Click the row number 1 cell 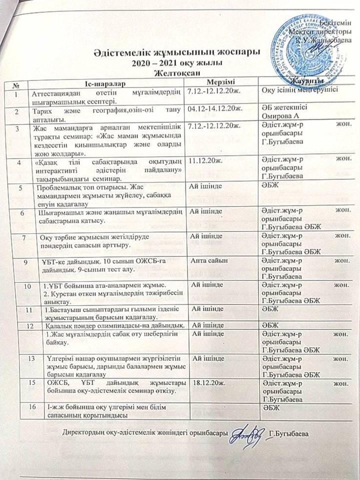(18, 92)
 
